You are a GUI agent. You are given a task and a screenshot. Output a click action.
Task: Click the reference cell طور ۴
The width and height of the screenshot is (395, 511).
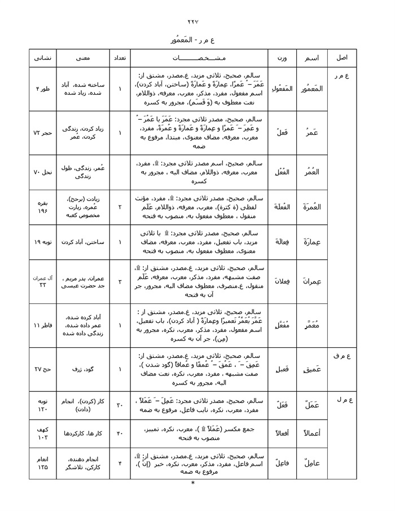click(x=43, y=89)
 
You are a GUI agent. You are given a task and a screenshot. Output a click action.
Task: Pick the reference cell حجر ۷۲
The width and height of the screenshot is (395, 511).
click(x=43, y=133)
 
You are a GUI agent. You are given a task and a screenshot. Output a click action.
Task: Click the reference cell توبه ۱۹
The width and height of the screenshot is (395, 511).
click(x=43, y=242)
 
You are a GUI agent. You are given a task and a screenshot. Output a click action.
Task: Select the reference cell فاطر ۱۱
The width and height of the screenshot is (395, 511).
click(x=43, y=326)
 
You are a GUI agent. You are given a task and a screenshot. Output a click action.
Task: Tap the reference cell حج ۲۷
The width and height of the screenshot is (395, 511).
click(x=43, y=369)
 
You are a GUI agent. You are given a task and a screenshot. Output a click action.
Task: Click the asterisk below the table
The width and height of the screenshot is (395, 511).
click(x=192, y=483)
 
